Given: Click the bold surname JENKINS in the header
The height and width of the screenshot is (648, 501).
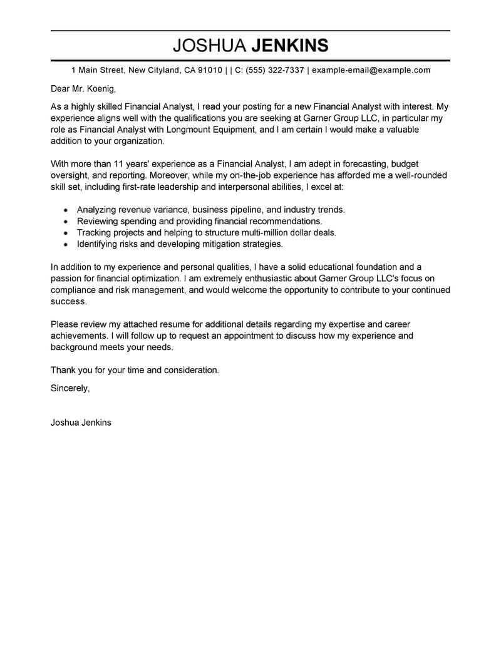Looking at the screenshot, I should pos(289,46).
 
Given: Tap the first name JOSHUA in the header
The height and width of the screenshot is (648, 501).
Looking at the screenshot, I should pos(210,46).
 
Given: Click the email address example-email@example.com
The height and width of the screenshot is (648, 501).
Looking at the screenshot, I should pos(371,70).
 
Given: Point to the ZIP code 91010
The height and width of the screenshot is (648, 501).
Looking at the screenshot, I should pos(210,70).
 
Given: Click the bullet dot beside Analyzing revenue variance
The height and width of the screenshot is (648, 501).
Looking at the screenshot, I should pos(66,210).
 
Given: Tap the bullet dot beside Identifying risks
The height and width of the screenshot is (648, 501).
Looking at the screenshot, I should pos(66,244).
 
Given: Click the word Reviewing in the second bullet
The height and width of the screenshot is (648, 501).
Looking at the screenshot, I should pos(98,221).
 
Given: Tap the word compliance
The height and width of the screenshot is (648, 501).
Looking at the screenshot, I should pos(75,290).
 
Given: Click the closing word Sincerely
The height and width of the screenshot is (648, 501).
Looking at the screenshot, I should pos(70,388).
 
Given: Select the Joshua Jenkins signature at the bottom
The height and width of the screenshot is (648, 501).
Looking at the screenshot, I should pos(81,423).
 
